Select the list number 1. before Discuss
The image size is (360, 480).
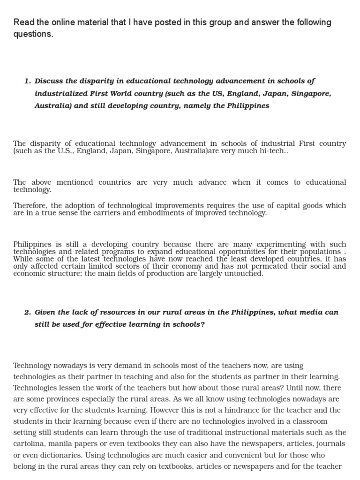[x=27, y=81]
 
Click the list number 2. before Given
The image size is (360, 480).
[x=27, y=312]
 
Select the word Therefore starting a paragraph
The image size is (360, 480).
[x=30, y=205]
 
